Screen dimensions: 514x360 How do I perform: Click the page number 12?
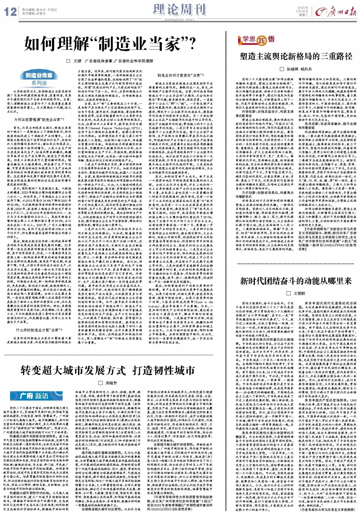10,12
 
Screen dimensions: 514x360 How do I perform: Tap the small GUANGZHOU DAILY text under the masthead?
179,19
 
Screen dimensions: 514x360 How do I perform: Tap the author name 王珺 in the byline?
77,61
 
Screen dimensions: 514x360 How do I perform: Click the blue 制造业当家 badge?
39,75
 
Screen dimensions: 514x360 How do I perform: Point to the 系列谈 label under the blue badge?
39,83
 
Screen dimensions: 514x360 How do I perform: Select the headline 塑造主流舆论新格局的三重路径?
296,56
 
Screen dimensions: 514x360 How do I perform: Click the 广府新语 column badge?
34,396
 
